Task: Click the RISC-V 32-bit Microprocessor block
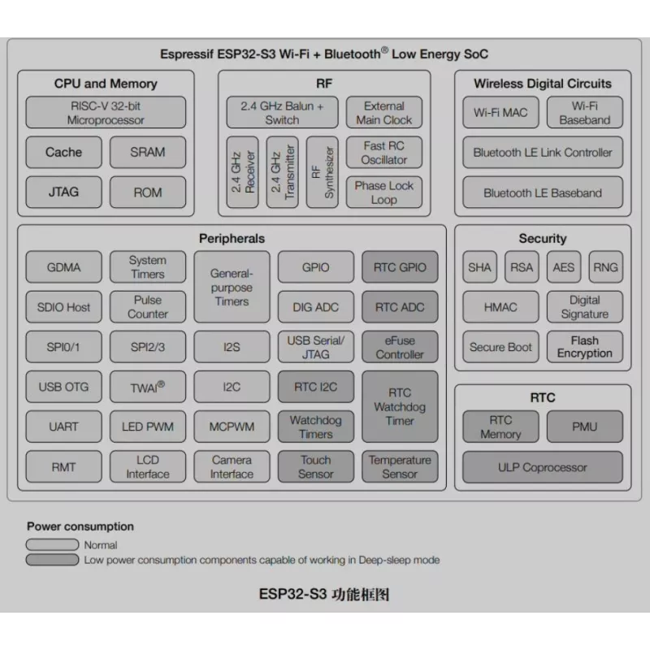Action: tap(106, 112)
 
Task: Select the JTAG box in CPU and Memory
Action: tap(63, 192)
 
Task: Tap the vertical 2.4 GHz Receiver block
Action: tap(242, 172)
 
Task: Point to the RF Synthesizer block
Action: tap(322, 172)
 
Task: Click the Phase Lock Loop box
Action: tap(383, 193)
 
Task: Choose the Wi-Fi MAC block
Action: tap(500, 112)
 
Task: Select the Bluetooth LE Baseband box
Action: tap(543, 193)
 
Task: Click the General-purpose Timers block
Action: tap(232, 287)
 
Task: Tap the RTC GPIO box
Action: tap(400, 267)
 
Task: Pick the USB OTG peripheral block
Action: tap(63, 387)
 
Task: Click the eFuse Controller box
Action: tap(400, 347)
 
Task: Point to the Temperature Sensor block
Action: tap(400, 466)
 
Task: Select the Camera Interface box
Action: tap(232, 466)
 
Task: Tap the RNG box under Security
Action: tap(605, 267)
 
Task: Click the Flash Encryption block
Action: tap(584, 347)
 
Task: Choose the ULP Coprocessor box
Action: tap(543, 467)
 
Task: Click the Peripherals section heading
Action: tap(232, 238)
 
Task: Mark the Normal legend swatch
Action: tap(52, 544)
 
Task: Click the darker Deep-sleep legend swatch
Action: tap(52, 560)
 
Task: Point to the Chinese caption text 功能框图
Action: tap(360, 595)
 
